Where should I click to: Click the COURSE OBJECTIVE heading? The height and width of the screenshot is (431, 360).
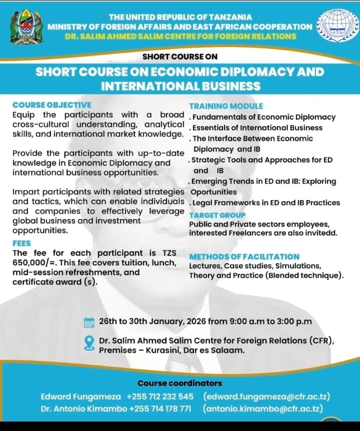click(52, 105)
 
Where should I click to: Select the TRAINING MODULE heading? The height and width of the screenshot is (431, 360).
click(226, 106)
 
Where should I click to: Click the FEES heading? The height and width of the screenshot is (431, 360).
click(21, 243)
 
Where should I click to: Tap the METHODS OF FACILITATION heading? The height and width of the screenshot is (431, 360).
click(244, 256)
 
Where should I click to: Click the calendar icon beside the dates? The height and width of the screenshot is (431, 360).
click(89, 322)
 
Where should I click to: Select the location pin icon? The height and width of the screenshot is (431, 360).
click(89, 343)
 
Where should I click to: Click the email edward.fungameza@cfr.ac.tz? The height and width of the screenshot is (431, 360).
click(266, 396)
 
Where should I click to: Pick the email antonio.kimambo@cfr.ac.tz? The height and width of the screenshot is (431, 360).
click(262, 408)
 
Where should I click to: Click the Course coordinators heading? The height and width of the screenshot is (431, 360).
click(180, 383)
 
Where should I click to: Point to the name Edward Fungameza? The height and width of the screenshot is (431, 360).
click(80, 396)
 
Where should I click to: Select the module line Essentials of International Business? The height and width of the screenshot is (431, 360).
click(257, 127)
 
